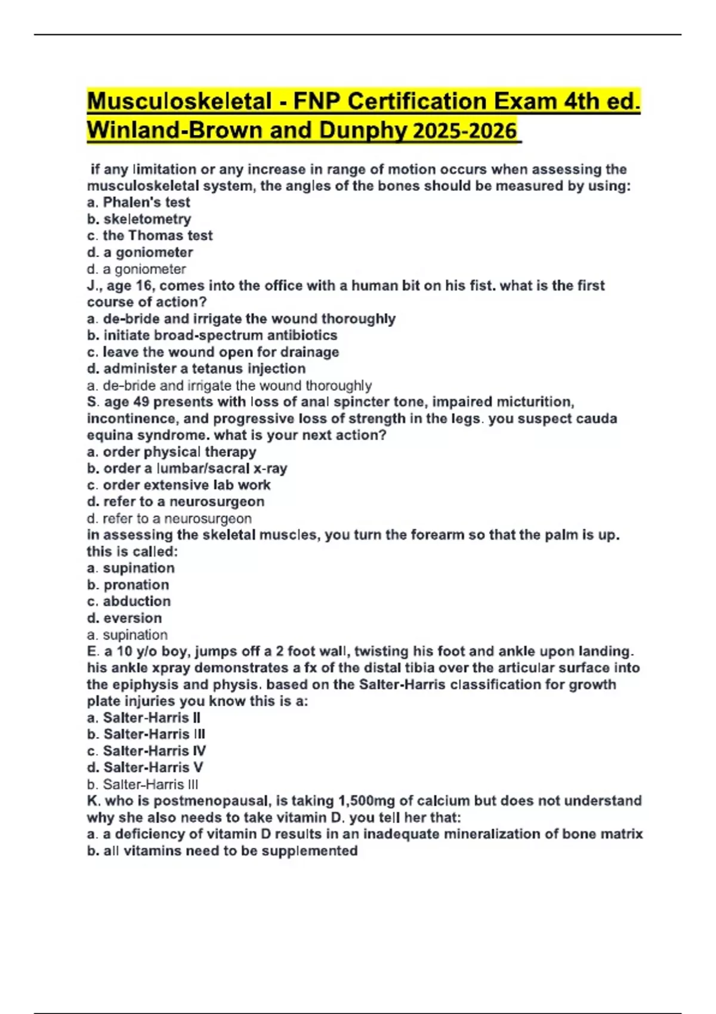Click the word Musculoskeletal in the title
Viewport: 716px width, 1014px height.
point(180,101)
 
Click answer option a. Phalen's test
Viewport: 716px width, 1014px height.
point(138,202)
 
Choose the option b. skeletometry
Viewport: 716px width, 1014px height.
point(139,219)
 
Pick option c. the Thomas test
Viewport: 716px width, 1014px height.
point(150,236)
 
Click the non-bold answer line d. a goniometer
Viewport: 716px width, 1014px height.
point(137,269)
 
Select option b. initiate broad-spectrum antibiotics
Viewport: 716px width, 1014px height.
point(212,335)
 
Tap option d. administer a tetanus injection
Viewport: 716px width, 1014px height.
point(196,369)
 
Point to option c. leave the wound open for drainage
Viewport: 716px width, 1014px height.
point(213,352)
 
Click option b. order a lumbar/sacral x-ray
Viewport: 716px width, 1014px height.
point(187,468)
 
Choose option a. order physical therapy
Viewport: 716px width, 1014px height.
point(172,452)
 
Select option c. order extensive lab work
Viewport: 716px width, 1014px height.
point(179,485)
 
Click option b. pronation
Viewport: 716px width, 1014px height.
point(128,585)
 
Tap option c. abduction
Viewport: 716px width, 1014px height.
point(129,601)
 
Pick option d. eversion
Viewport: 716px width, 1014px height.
point(125,618)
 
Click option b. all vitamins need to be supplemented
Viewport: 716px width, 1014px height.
point(223,851)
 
